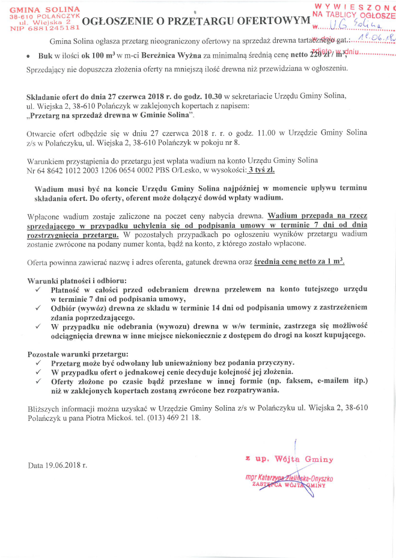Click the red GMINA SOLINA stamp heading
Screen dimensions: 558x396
(44, 9)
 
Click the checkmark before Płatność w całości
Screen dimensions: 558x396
(38, 290)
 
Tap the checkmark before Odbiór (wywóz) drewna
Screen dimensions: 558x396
(38, 308)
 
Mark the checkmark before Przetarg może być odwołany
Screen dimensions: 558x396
(38, 363)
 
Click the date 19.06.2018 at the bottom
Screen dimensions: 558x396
(66, 465)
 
